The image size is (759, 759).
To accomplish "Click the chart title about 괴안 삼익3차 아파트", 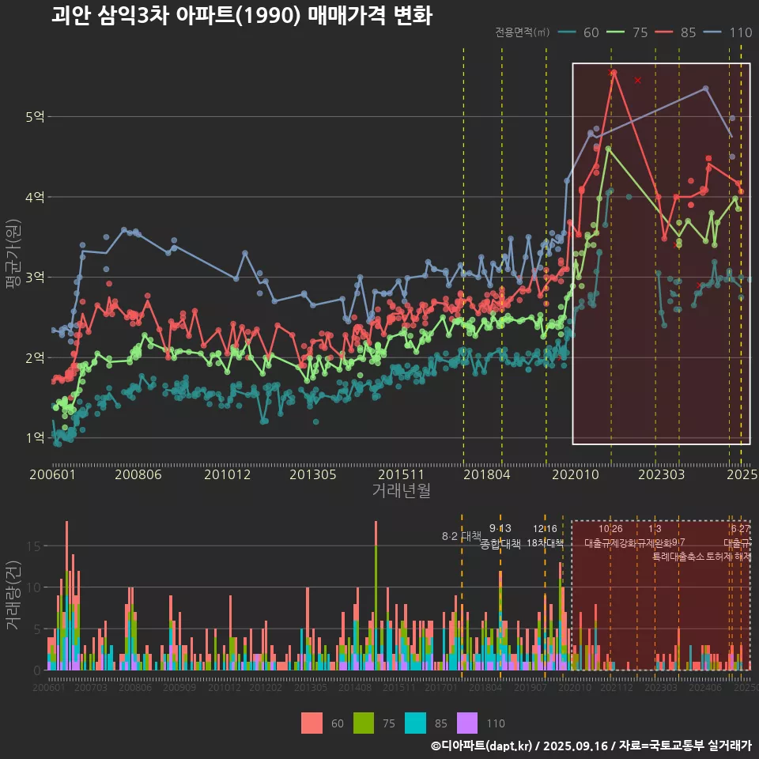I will click(241, 16).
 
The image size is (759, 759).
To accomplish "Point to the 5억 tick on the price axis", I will click(35, 117).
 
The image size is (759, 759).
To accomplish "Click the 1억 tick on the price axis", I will click(35, 438).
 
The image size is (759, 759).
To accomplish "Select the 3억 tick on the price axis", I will click(35, 278).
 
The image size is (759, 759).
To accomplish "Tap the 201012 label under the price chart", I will click(227, 475).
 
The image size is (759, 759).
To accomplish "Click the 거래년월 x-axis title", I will click(401, 490).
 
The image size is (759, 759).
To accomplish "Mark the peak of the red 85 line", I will click(613, 71).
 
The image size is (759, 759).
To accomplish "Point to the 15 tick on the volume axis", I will click(33, 546).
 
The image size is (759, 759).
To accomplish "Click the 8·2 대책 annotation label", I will click(461, 536).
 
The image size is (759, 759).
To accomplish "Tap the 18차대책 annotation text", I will click(545, 543).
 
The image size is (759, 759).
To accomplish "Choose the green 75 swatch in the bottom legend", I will click(364, 723).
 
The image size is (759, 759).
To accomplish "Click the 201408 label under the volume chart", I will click(355, 688).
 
